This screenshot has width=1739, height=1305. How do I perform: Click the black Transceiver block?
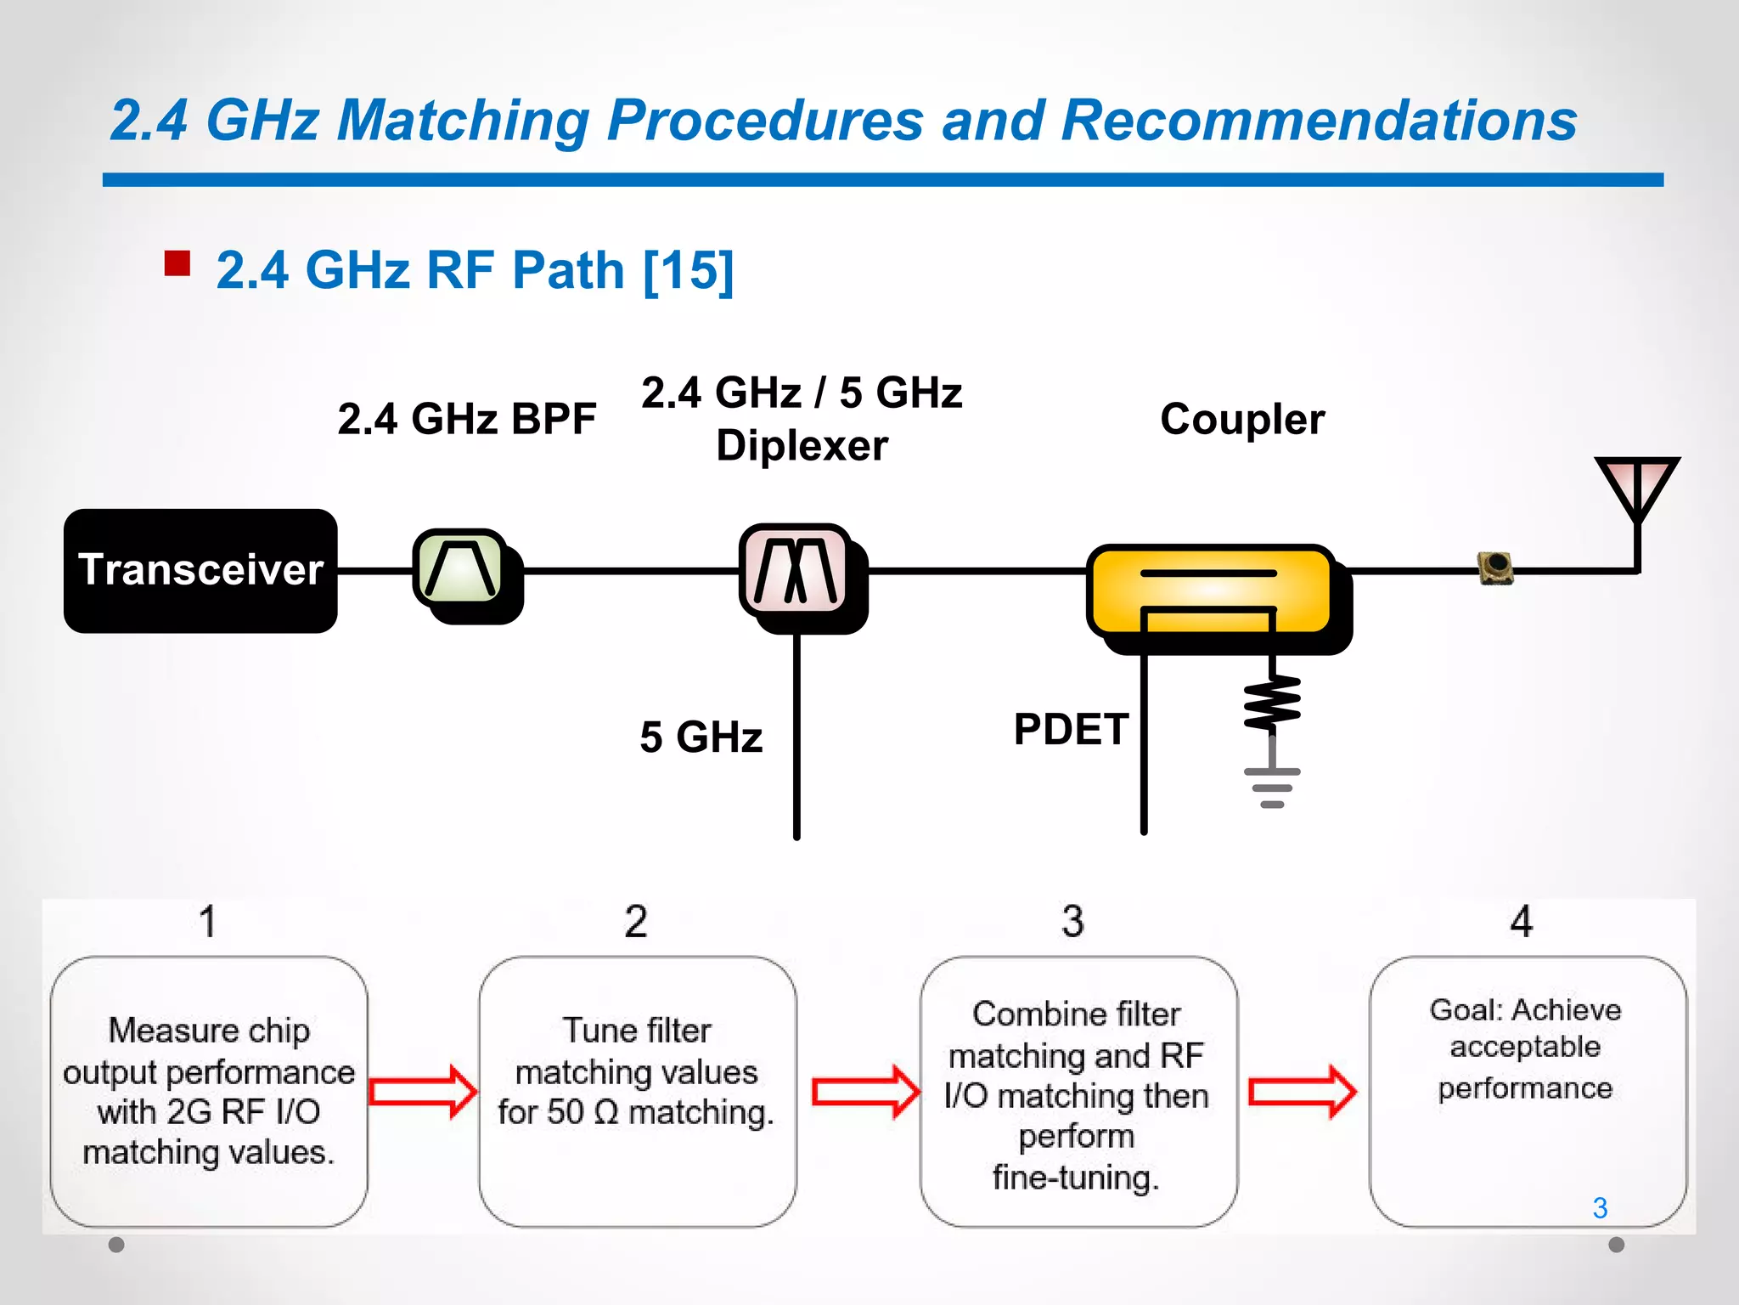(x=200, y=570)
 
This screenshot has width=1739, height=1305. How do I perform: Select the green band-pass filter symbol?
(x=459, y=568)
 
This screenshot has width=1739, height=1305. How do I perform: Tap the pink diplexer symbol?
(x=796, y=569)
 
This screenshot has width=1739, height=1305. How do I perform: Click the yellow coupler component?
(x=1211, y=590)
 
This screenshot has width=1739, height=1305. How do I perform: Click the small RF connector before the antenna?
(x=1495, y=568)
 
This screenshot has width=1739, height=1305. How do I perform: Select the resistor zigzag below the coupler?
(x=1271, y=703)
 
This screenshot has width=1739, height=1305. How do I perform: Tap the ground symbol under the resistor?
(x=1271, y=787)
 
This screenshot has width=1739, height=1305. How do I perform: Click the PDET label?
(x=1070, y=729)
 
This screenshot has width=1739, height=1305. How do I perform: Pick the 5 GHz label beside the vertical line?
(x=701, y=737)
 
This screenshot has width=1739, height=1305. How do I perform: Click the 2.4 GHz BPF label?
(x=466, y=419)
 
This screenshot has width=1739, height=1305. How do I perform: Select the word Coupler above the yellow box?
(x=1241, y=419)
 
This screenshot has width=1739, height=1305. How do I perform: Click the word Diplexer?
(x=802, y=445)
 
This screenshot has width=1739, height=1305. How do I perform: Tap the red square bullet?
(x=177, y=263)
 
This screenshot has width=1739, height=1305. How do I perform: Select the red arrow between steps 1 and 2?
(x=423, y=1091)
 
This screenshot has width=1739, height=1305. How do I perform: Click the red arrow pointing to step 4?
(x=1302, y=1091)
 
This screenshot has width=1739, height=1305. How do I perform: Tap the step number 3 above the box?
(x=1072, y=921)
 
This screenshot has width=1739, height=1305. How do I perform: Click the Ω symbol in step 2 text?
(x=606, y=1112)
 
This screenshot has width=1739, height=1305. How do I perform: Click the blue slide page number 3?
(x=1600, y=1207)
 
